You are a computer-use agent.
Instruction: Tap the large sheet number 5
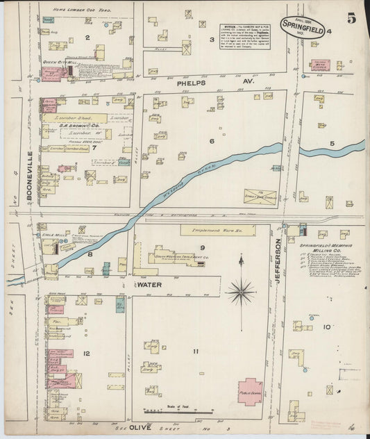point(351,19)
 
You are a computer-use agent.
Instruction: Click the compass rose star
point(241,290)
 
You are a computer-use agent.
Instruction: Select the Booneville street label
point(30,176)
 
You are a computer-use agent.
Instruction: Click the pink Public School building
point(251,391)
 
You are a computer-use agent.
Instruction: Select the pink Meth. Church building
point(320,67)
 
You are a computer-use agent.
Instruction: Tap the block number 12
point(86,354)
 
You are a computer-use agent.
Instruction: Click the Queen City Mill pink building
point(53,74)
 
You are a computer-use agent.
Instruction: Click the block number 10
point(326,326)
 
